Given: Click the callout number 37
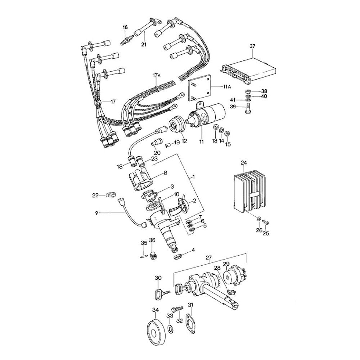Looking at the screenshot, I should (252, 46).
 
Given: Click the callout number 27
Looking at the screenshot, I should (208, 258).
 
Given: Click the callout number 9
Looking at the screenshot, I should (97, 213).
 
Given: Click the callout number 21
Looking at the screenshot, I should (144, 45).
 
